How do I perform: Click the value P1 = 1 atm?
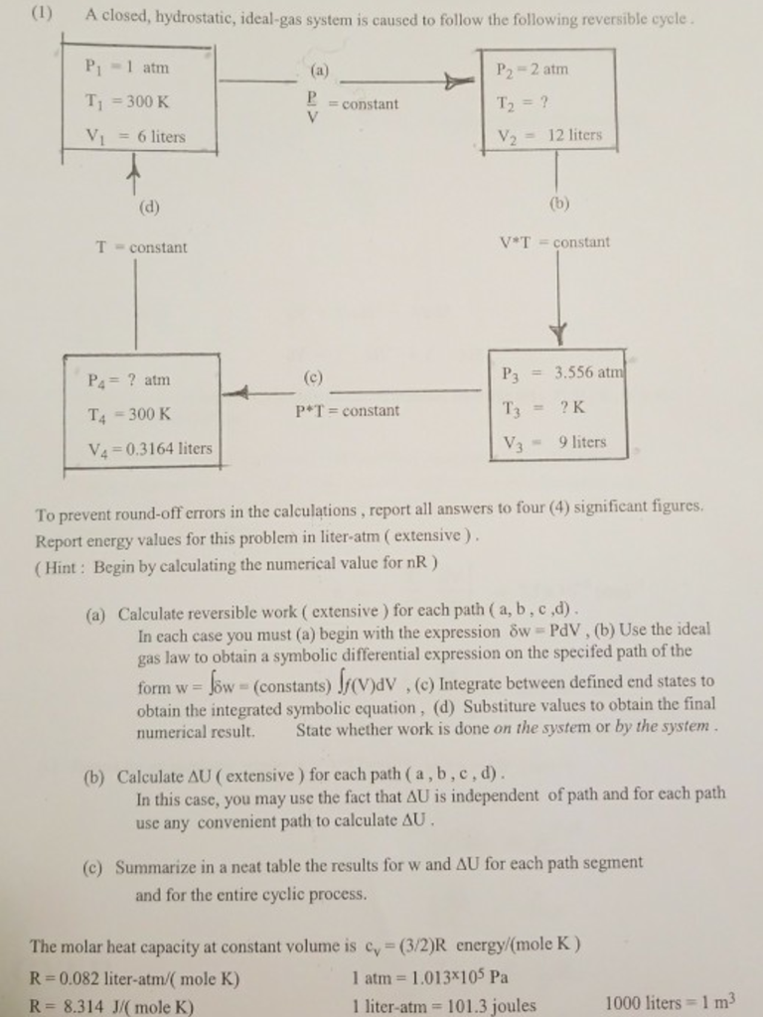pyautogui.click(x=129, y=69)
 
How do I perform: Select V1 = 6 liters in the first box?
pyautogui.click(x=136, y=136)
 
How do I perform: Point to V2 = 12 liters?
pyautogui.click(x=548, y=135)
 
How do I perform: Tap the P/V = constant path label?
pyautogui.click(x=352, y=103)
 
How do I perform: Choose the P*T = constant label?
pyautogui.click(x=347, y=410)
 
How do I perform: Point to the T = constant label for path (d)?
pyautogui.click(x=141, y=247)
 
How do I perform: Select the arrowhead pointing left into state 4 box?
pyautogui.click(x=232, y=394)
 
